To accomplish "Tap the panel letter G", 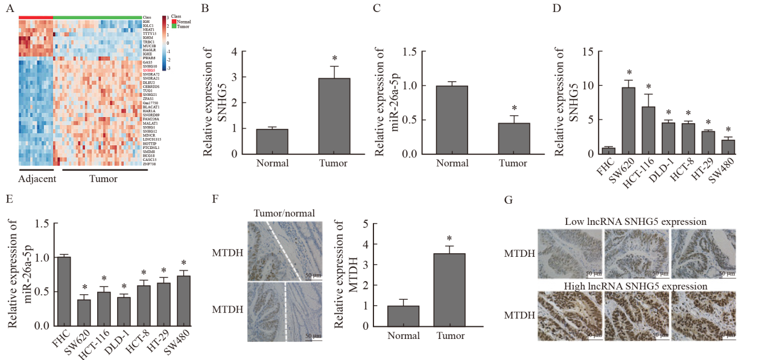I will click(508, 199).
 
